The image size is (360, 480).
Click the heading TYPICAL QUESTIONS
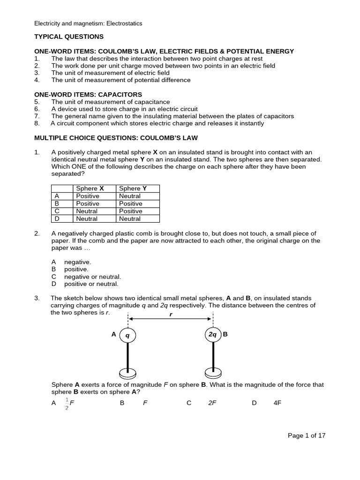pyautogui.click(x=69, y=37)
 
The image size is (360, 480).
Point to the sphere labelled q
pyautogui.click(x=127, y=335)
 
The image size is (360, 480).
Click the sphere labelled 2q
pyautogui.click(x=213, y=335)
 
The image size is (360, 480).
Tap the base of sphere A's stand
pyautogui.click(x=127, y=374)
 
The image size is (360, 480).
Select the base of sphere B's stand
pyautogui.click(x=213, y=374)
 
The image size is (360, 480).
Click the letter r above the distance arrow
pyautogui.click(x=171, y=315)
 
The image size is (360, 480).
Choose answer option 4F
pyautogui.click(x=277, y=403)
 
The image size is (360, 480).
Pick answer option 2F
pyautogui.click(x=212, y=403)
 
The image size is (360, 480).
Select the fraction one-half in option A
pyautogui.click(x=67, y=403)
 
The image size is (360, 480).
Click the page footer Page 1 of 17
pyautogui.click(x=306, y=435)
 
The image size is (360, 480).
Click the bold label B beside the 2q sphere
pyautogui.click(x=225, y=335)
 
